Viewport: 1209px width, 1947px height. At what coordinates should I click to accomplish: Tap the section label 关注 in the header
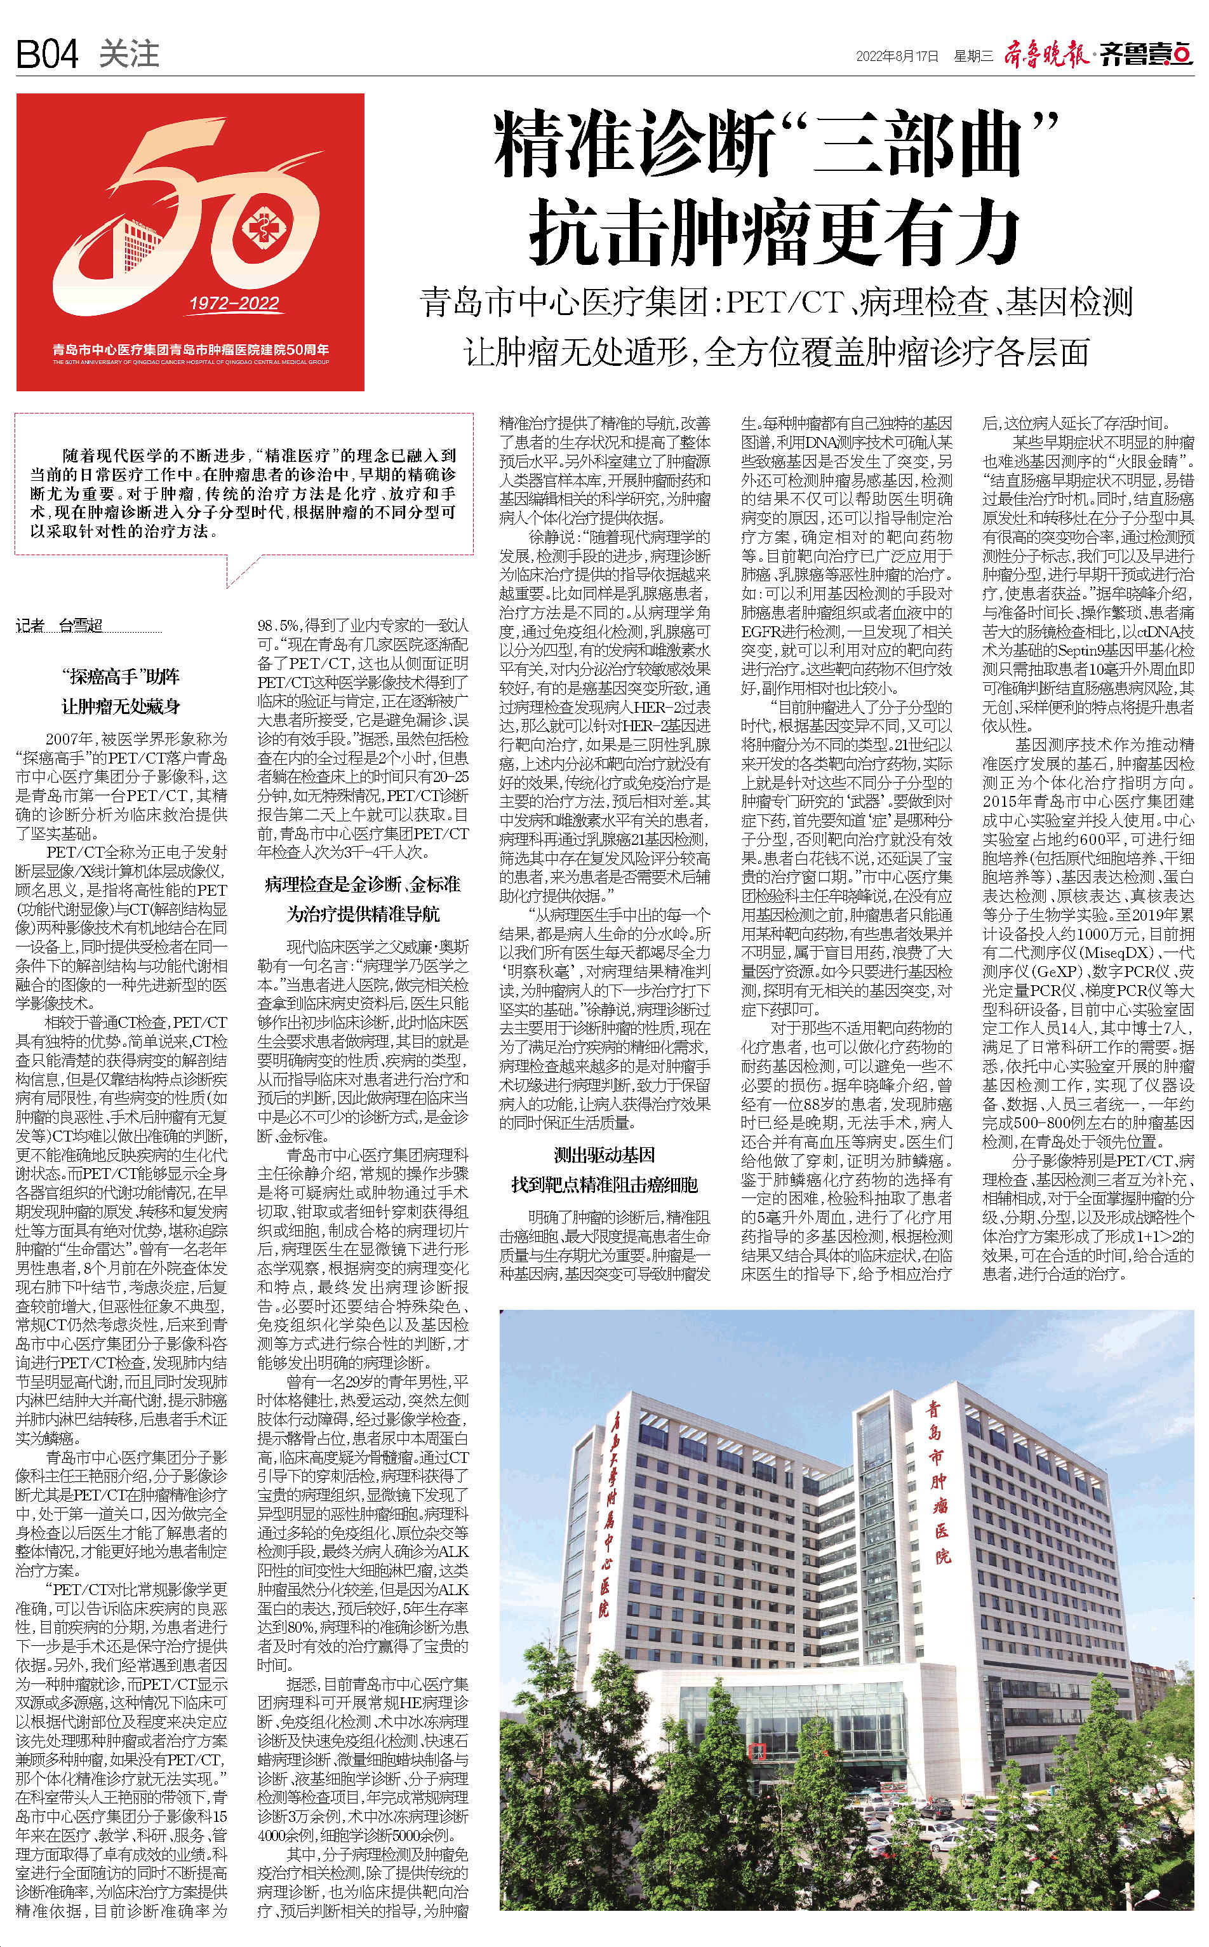click(130, 55)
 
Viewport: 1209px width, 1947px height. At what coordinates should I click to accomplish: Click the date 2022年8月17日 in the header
click(897, 56)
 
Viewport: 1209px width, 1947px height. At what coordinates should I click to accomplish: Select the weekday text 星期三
click(973, 56)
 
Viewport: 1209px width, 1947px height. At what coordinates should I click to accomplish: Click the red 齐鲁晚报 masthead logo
click(1046, 55)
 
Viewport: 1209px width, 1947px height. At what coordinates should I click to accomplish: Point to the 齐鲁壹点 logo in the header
click(1145, 55)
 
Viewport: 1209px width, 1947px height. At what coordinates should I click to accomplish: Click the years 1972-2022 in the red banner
click(234, 303)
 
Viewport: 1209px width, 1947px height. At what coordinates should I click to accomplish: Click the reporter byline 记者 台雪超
click(59, 626)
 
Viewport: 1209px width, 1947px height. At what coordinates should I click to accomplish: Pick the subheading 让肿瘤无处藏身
click(121, 706)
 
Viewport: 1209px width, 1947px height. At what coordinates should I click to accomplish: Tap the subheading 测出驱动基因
click(604, 1154)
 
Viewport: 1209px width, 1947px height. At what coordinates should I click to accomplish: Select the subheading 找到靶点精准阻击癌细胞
click(604, 1185)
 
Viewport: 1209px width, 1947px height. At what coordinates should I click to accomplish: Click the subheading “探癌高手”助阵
click(121, 677)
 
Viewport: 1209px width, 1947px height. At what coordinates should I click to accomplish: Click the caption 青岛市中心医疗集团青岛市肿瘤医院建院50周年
click(190, 349)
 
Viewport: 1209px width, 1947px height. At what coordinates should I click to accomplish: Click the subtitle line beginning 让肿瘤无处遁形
click(775, 352)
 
